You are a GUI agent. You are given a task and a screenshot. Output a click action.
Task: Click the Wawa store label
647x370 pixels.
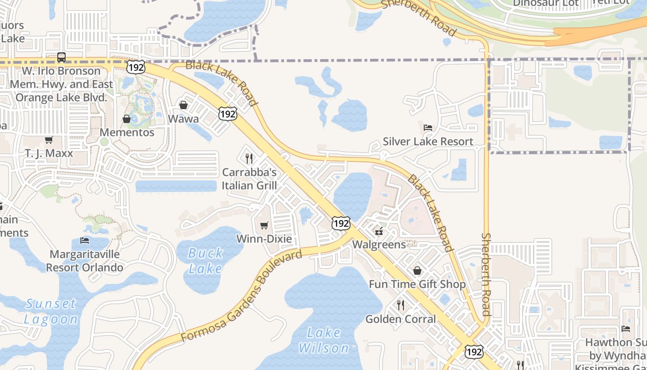(x=183, y=119)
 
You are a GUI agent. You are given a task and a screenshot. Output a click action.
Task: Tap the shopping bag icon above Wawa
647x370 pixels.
(x=183, y=105)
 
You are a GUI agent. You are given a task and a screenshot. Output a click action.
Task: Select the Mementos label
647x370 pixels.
(x=127, y=132)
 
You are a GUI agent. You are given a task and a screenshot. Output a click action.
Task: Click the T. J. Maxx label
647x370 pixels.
(x=49, y=153)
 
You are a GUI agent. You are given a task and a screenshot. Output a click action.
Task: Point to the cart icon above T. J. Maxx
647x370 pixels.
(x=49, y=140)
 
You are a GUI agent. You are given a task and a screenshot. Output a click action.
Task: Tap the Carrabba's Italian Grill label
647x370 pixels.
(x=250, y=179)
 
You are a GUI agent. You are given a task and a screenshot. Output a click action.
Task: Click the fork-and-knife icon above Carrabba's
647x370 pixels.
(x=249, y=159)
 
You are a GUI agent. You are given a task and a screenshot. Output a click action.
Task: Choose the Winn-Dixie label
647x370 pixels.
(x=264, y=239)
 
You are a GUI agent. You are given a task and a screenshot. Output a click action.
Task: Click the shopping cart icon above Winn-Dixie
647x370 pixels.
(x=264, y=225)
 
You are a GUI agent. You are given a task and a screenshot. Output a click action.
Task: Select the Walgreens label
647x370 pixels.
(x=379, y=244)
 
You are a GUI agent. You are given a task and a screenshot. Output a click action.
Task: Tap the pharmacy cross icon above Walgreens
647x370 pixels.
(x=379, y=231)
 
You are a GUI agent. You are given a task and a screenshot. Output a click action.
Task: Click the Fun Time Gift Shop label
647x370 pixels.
(x=417, y=284)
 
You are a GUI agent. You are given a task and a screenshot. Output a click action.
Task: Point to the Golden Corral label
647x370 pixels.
(x=401, y=319)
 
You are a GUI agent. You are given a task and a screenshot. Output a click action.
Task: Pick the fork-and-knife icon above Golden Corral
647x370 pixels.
(x=401, y=305)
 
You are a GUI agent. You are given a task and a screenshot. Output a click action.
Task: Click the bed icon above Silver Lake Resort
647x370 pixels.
(x=428, y=128)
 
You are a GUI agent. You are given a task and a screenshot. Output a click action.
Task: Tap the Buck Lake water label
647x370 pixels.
(x=206, y=260)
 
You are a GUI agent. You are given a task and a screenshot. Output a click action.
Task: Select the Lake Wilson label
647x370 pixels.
(x=324, y=340)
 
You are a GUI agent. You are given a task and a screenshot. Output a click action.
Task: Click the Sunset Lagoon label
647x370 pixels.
(x=51, y=311)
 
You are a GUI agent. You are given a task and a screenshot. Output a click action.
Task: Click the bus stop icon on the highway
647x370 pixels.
(x=61, y=58)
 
